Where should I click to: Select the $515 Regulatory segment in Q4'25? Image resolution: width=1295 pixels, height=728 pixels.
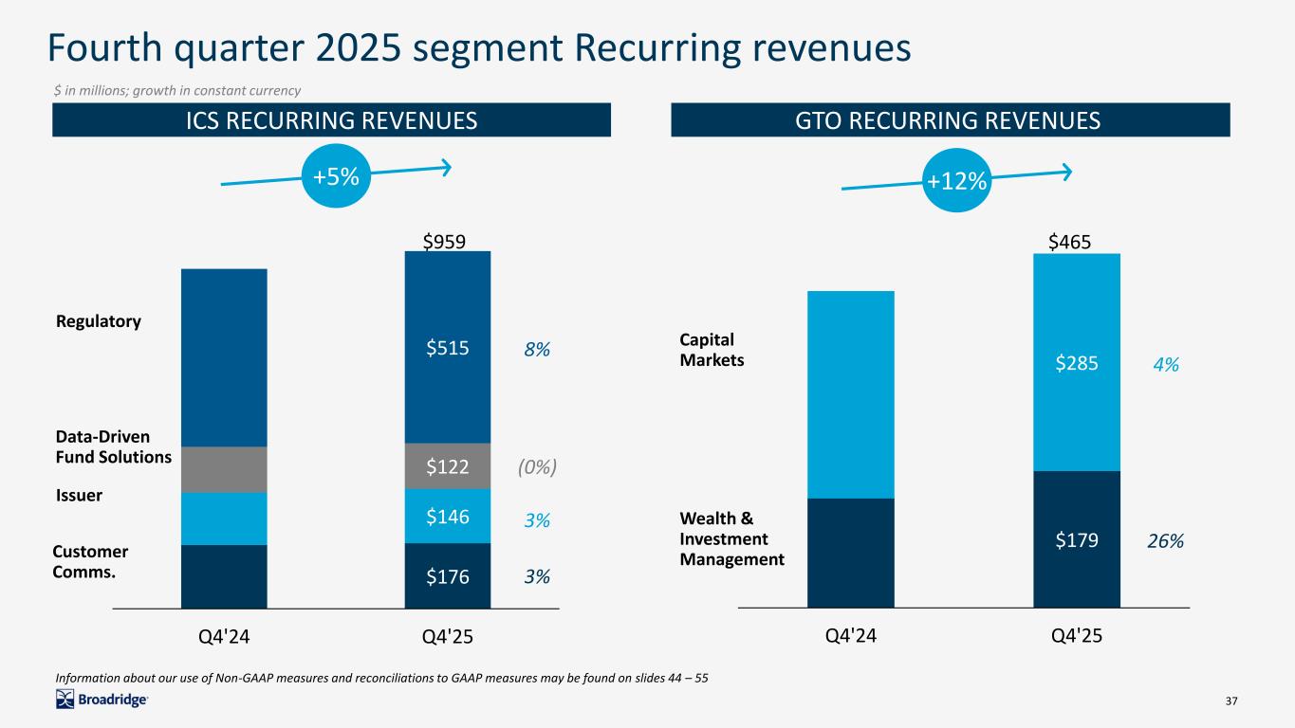point(447,348)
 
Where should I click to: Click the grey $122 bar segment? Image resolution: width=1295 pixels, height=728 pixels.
point(447,465)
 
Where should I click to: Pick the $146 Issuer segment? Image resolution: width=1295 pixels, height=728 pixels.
point(447,516)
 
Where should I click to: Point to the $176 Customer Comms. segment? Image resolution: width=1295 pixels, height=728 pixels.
point(447,575)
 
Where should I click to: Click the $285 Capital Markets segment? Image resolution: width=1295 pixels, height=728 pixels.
point(1076,361)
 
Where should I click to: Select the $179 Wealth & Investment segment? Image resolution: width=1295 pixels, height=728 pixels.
point(1076,539)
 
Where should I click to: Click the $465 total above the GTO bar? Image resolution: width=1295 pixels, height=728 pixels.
point(1069,242)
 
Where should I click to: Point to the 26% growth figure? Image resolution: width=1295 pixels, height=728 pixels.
point(1166,541)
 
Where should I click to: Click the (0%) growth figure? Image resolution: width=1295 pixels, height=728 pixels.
point(536,466)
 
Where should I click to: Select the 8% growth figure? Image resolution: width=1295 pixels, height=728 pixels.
point(537,350)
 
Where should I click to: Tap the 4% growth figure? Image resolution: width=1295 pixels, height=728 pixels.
point(1166,364)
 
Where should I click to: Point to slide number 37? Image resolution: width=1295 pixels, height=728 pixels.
point(1232,701)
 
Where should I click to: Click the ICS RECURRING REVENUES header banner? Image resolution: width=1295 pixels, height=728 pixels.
point(331,120)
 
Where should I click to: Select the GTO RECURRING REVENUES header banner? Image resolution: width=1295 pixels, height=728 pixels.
point(950,120)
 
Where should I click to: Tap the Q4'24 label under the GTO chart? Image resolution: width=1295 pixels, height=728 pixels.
point(850,636)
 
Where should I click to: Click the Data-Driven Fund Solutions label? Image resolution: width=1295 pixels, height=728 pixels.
point(114,446)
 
